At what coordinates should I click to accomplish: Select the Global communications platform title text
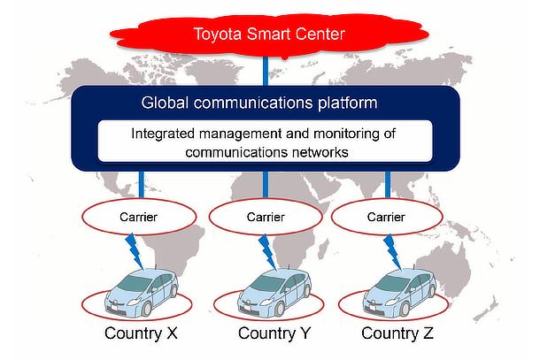tap(258, 103)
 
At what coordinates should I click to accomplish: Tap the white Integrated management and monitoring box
tap(265, 143)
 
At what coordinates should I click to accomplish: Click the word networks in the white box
tap(318, 152)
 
